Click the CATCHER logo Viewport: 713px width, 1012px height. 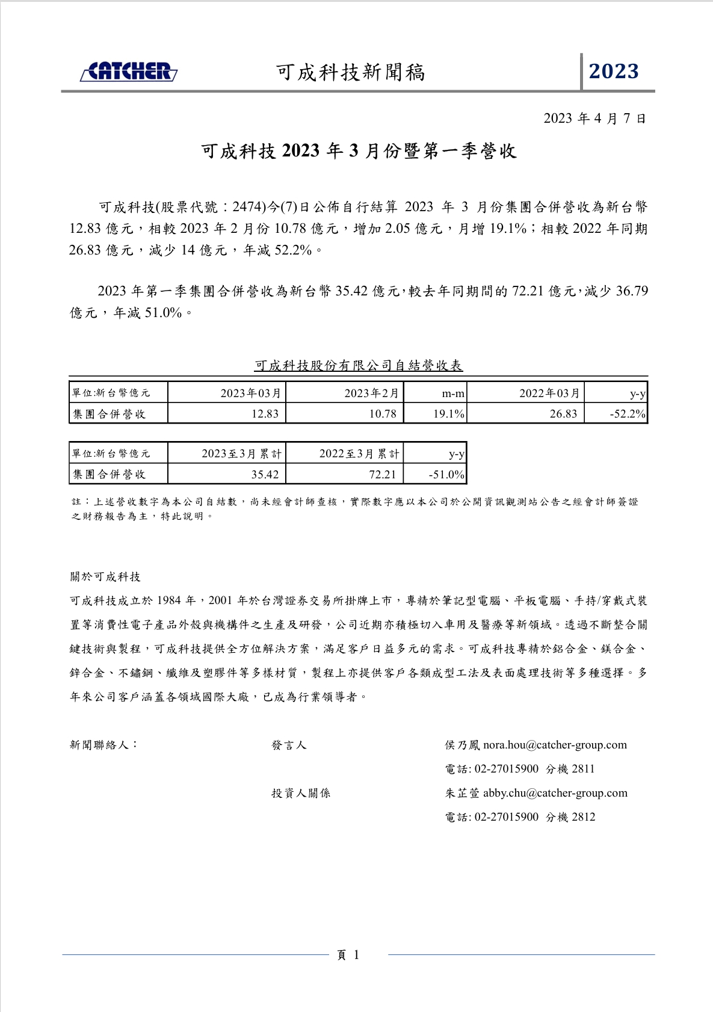[x=129, y=72]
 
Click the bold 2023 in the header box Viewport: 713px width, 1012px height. [x=614, y=72]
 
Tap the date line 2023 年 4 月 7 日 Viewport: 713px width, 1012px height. [x=594, y=119]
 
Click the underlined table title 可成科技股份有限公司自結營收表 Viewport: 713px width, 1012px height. [x=359, y=365]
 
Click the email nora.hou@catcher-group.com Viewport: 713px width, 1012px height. [x=555, y=745]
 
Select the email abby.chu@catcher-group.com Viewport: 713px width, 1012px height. [x=555, y=793]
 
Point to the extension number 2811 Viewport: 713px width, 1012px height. [x=583, y=769]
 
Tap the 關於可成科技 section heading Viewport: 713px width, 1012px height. [x=105, y=577]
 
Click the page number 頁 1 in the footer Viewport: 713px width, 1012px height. [x=348, y=955]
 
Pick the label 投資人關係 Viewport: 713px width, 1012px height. [x=301, y=793]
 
